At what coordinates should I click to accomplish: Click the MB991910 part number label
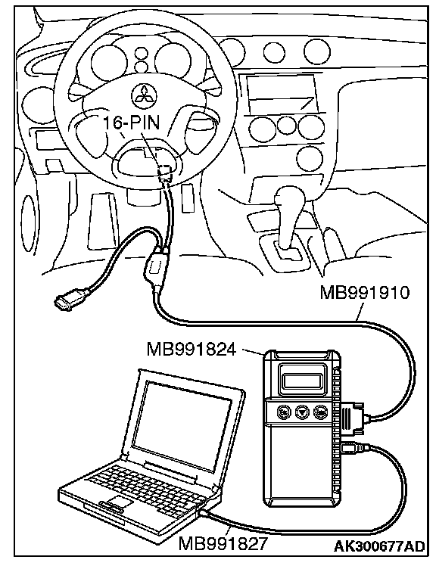coord(365,293)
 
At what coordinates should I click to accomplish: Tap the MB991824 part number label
coord(192,350)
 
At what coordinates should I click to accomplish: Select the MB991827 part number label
coord(223,543)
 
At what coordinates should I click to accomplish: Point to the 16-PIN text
coord(132,123)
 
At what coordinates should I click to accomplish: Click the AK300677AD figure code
coord(379,546)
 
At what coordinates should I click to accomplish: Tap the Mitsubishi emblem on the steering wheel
coord(142,95)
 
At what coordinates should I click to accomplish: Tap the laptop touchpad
coord(118,502)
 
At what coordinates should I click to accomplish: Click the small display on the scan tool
coord(301,381)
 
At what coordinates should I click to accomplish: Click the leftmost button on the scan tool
coord(283,411)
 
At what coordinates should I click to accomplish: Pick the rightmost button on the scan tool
coord(319,411)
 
